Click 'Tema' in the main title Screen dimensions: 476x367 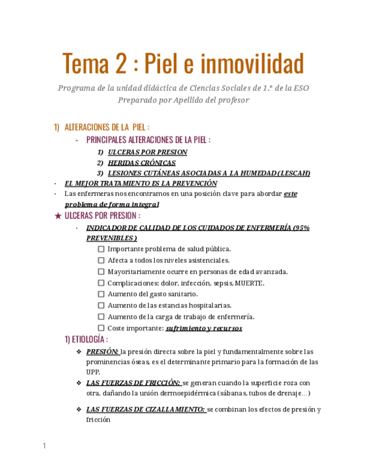(86, 64)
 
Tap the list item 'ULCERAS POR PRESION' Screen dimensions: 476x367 (140, 152)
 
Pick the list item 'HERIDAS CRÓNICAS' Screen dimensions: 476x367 (142, 163)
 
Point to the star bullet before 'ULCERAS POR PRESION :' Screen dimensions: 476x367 (58, 216)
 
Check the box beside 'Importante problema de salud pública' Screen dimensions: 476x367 (101, 249)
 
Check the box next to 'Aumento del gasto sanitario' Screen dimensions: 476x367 (101, 294)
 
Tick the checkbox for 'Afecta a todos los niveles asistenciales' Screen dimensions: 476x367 (101, 260)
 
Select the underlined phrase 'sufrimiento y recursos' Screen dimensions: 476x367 (204, 328)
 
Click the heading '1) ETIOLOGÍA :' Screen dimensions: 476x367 (86, 340)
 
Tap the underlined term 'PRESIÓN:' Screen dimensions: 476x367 (102, 352)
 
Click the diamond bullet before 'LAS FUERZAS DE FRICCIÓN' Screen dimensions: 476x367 (79, 383)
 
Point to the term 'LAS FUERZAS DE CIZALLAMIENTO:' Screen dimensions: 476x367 (145, 410)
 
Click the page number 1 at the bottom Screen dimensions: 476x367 (44, 446)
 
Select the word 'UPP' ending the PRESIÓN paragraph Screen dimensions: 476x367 (92, 372)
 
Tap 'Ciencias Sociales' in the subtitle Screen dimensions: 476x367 (221, 88)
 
